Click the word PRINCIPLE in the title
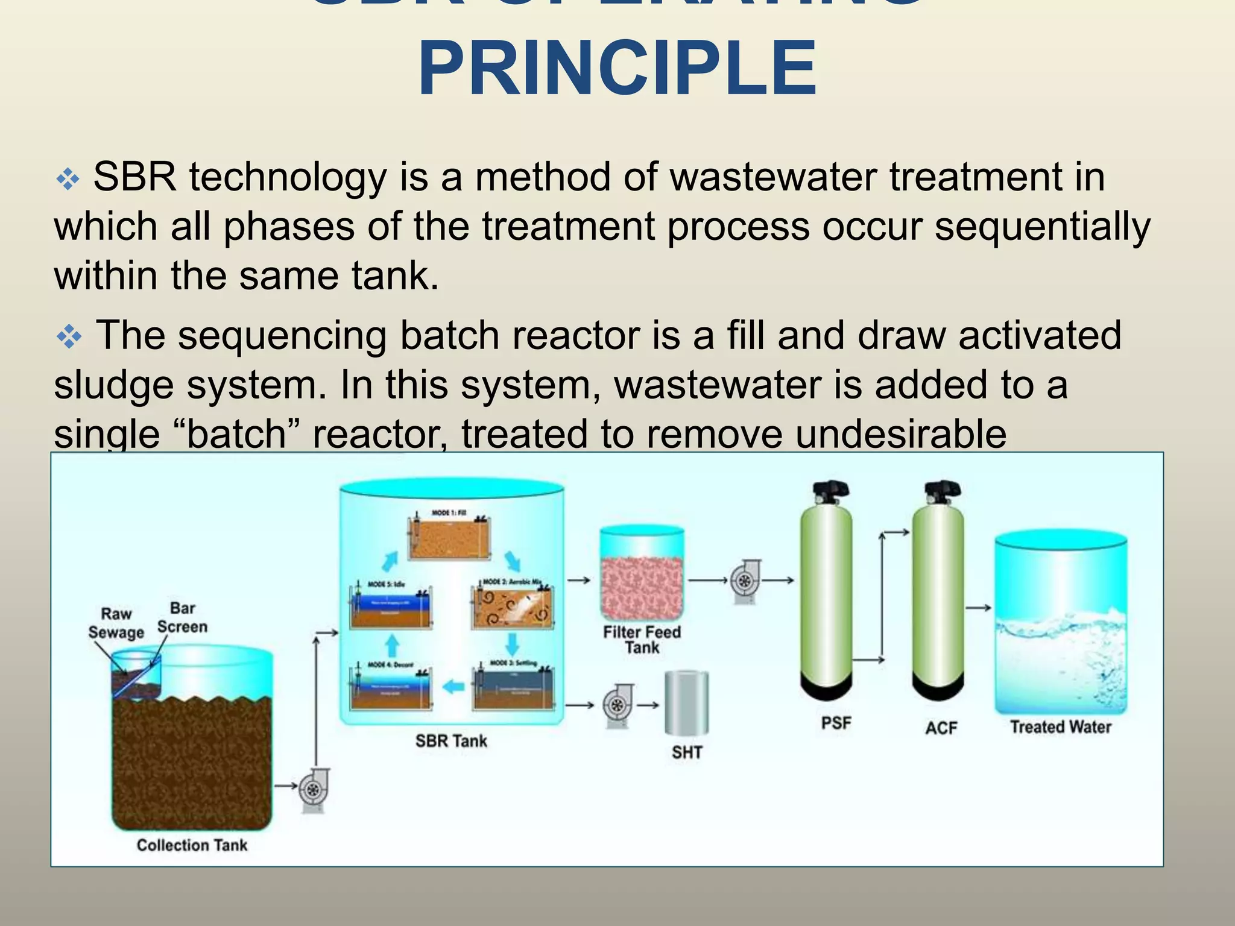click(x=617, y=68)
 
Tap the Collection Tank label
click(x=192, y=845)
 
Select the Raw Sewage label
click(x=116, y=623)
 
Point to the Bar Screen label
click(x=182, y=617)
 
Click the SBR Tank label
click(x=451, y=741)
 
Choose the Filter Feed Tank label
click(x=642, y=640)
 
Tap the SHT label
click(x=687, y=752)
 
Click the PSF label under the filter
click(x=836, y=722)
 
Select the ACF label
click(x=941, y=728)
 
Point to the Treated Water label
click(x=1061, y=726)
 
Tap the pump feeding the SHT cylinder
click(x=617, y=705)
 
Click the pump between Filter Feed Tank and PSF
click(x=745, y=581)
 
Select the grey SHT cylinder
click(x=686, y=704)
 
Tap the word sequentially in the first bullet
click(x=1043, y=227)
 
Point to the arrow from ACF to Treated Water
click(x=978, y=608)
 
